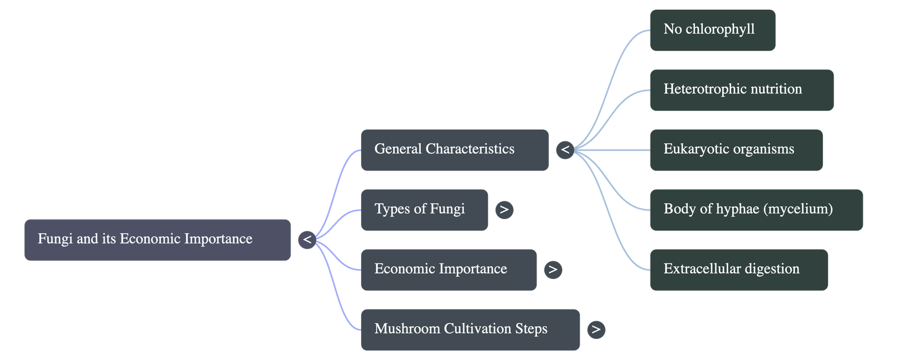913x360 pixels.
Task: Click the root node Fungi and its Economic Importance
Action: (x=157, y=240)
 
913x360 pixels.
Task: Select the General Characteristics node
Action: (x=454, y=150)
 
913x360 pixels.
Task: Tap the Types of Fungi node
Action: (x=424, y=210)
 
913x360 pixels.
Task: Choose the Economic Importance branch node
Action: (x=449, y=270)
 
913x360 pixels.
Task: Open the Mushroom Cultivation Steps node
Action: (x=470, y=330)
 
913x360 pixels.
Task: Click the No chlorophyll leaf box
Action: (x=712, y=30)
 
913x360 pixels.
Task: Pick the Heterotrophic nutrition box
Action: (x=741, y=90)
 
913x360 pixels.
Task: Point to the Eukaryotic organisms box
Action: (x=736, y=150)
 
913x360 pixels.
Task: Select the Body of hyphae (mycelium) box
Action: (x=756, y=210)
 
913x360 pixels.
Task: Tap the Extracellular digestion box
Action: (x=738, y=270)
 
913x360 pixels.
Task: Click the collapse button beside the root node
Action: (x=307, y=240)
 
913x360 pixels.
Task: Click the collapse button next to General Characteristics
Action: (x=565, y=150)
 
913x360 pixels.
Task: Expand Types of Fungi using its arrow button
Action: (x=504, y=210)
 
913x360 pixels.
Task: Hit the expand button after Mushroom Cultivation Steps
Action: (x=596, y=330)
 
